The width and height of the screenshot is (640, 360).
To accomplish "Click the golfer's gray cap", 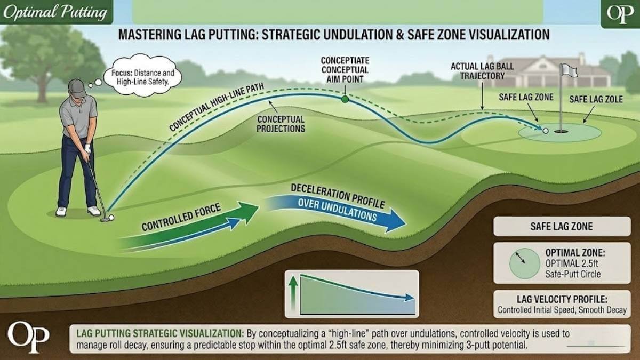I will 77,88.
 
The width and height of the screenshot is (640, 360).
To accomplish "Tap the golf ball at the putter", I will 111,218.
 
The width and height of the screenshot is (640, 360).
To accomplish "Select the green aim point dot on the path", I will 345,99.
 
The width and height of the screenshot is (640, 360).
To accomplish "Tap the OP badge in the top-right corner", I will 620,13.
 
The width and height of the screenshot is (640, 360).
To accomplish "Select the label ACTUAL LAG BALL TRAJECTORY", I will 477,71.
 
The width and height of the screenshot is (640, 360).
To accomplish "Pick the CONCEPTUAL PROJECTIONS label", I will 281,124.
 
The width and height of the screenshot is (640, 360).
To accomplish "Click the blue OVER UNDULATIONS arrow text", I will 337,210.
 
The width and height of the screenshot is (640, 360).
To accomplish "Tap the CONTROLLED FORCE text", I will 181,218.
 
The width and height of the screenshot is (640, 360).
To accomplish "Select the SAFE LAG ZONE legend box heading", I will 561,226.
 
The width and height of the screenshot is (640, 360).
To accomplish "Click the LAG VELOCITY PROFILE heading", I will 562,300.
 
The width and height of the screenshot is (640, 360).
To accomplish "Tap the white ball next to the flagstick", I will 545,130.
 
